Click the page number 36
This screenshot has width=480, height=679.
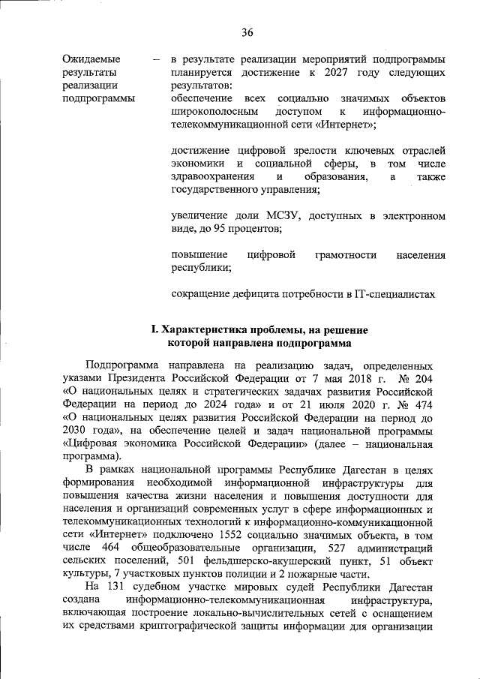click(247, 32)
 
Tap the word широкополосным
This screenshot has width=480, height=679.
click(211, 112)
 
